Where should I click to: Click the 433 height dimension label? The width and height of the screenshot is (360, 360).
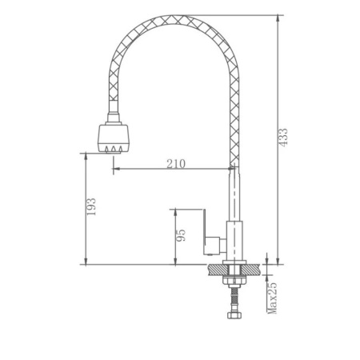pyautogui.click(x=283, y=137)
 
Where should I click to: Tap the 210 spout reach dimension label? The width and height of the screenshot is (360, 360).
pyautogui.click(x=176, y=164)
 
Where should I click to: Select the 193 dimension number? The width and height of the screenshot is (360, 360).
pyautogui.click(x=91, y=206)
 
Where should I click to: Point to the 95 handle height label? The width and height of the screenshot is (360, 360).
pyautogui.click(x=181, y=235)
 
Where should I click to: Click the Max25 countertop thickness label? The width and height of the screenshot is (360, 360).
pyautogui.click(x=273, y=298)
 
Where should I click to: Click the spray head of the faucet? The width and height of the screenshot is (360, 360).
pyautogui.click(x=114, y=138)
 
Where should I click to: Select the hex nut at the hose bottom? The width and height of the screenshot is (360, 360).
pyautogui.click(x=234, y=315)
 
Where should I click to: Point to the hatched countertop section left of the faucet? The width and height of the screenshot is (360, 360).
pyautogui.click(x=218, y=270)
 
